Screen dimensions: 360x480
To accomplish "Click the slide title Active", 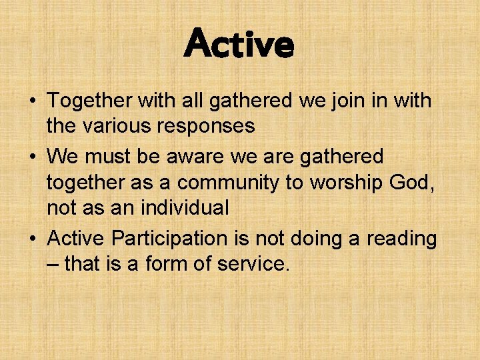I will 239,44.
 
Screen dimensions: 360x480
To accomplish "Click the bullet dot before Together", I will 32,102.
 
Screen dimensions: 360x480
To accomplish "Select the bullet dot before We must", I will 32,157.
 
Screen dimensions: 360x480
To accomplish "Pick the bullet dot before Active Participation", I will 32,239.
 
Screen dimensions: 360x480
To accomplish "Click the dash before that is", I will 53,264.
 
